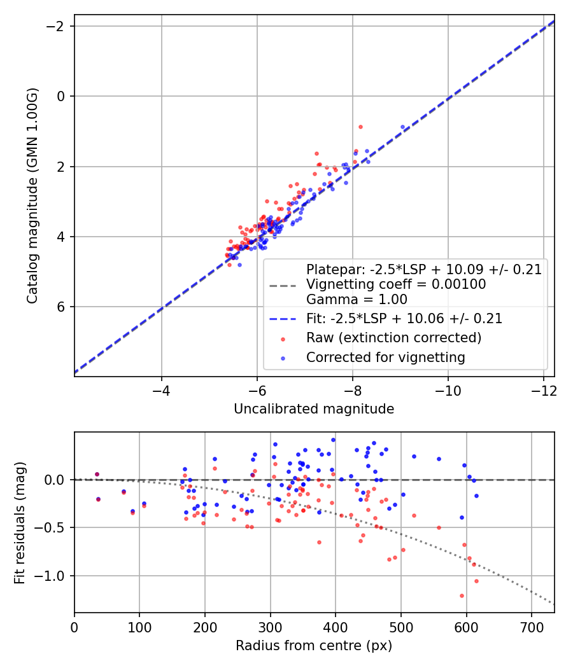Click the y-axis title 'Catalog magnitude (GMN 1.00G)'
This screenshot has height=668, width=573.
tap(34, 195)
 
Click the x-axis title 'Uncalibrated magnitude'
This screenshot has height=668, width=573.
tap(314, 409)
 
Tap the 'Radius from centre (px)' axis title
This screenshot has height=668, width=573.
tap(314, 646)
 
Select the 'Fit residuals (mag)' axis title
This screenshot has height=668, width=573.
tap(20, 522)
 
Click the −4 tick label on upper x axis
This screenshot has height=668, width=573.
tap(161, 389)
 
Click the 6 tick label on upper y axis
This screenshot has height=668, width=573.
tap(62, 307)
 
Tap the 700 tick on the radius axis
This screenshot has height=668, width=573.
tap(532, 626)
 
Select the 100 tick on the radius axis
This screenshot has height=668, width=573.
tap(139, 626)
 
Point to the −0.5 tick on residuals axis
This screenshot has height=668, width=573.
tap(54, 527)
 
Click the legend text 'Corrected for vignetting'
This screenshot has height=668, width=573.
tap(385, 358)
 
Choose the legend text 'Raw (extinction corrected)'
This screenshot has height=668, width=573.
tap(393, 338)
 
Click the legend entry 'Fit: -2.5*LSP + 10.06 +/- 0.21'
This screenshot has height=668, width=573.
tap(404, 319)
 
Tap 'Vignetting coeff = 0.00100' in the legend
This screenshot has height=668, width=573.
tap(396, 284)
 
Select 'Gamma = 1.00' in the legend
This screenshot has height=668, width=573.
tap(357, 300)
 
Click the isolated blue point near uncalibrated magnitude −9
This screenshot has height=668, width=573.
tap(402, 127)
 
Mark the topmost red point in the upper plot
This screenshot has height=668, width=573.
tap(360, 127)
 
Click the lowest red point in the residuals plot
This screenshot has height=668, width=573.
tap(462, 595)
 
